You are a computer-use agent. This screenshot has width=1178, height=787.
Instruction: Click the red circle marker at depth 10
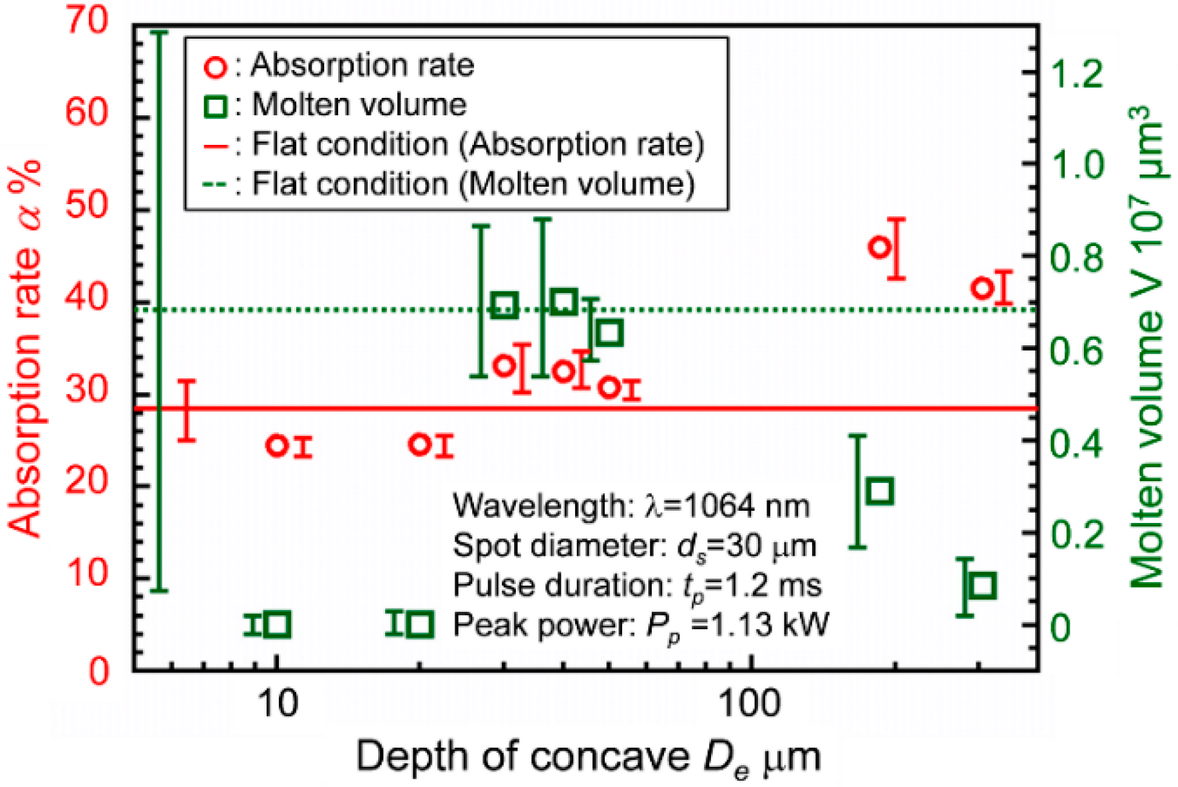point(277,445)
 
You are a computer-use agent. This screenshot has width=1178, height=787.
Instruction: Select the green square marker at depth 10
point(278,624)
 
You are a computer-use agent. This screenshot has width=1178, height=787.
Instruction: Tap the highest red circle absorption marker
point(879,247)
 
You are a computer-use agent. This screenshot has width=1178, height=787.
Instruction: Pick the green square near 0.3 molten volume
point(880,491)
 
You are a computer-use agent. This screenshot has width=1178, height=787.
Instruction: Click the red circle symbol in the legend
point(215,67)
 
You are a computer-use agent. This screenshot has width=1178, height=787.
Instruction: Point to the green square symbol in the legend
point(215,106)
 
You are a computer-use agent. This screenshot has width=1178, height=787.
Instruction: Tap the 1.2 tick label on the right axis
point(1076,74)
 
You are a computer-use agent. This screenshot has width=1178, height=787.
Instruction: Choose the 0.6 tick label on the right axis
point(1076,352)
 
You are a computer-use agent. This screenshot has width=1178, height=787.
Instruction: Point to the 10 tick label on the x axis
point(278,703)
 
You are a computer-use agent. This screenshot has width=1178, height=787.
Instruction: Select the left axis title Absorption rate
point(26,348)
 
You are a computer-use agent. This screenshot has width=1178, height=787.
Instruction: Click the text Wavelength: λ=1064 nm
point(631,506)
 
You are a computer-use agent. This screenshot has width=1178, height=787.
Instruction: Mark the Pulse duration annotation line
point(637,585)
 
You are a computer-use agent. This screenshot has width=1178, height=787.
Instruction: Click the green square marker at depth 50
point(609,333)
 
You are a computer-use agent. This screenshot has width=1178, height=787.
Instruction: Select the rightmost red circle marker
point(982,288)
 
